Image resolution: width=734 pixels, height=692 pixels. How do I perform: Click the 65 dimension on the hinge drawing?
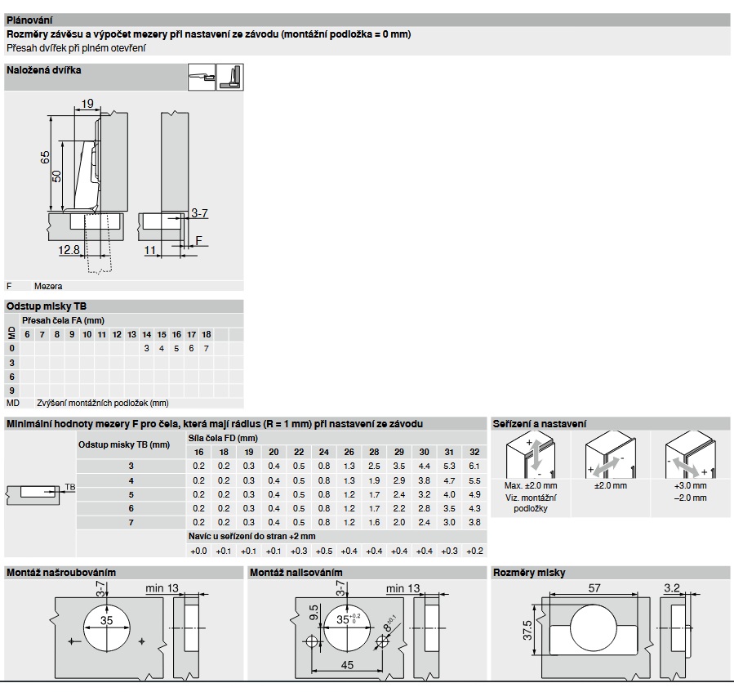point(46,158)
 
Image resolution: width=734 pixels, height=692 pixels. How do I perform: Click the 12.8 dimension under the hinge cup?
point(69,250)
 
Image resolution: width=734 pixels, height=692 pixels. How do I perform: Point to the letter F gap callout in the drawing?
point(199,240)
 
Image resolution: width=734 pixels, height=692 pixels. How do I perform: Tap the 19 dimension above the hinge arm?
point(87,103)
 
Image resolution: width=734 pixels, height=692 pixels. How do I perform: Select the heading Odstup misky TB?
point(47,306)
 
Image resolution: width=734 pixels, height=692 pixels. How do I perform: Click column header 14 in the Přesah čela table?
point(146,334)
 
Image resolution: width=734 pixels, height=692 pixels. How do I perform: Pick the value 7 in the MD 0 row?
point(207,348)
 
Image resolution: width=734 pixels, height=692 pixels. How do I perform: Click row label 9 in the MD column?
point(11,391)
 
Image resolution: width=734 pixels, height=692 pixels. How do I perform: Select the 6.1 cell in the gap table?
point(474,466)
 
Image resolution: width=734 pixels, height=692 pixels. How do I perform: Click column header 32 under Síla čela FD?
point(474,452)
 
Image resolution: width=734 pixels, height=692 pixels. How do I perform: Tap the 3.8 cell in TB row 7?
point(474,522)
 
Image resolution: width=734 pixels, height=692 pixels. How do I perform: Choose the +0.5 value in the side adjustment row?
point(324,551)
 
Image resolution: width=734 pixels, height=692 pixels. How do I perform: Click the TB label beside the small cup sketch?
point(70,487)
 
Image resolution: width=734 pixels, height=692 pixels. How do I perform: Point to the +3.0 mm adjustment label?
point(691,485)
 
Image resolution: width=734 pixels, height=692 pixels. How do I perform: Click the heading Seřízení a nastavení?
point(539,424)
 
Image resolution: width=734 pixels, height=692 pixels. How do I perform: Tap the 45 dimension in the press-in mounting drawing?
point(347,665)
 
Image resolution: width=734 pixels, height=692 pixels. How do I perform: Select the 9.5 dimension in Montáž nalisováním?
point(314,613)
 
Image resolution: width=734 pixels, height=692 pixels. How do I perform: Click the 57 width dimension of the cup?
point(594,587)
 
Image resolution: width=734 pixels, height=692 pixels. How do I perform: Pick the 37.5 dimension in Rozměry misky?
point(527,630)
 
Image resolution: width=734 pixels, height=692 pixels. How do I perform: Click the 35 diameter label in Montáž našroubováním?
point(107,620)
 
